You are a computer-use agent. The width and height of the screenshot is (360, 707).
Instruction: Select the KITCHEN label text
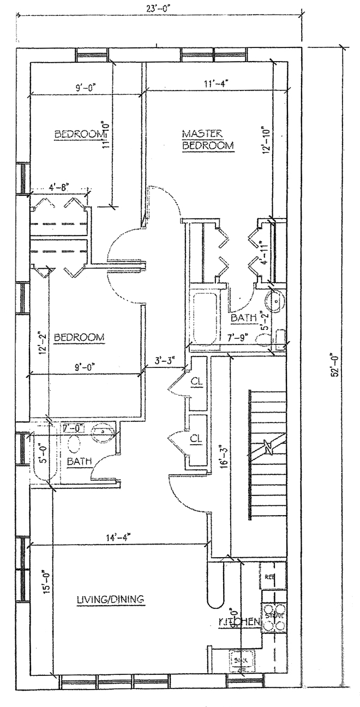[238, 622]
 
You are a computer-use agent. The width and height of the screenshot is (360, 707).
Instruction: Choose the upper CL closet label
[196, 382]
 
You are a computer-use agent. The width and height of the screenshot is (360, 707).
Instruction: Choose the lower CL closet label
[196, 438]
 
